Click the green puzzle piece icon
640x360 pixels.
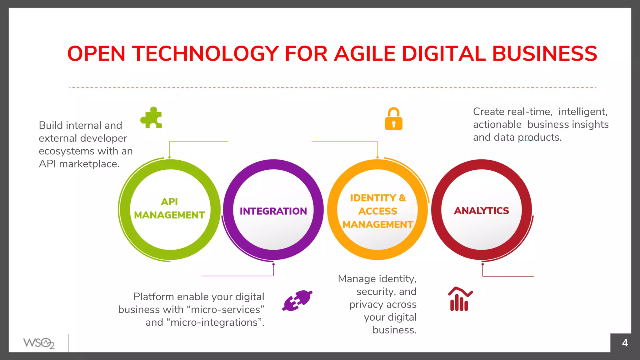pos(151,118)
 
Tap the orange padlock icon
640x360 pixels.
pos(393,119)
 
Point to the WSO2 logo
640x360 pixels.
pos(39,343)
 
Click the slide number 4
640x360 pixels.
pos(625,343)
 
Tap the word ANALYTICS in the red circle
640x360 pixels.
pos(481,211)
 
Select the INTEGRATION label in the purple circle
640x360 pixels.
pos(273,211)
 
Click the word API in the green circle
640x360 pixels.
pos(169,202)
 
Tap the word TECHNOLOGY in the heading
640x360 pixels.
pos(205,53)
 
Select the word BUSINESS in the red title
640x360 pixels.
pos(544,53)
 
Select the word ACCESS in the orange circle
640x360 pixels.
pos(377,211)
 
